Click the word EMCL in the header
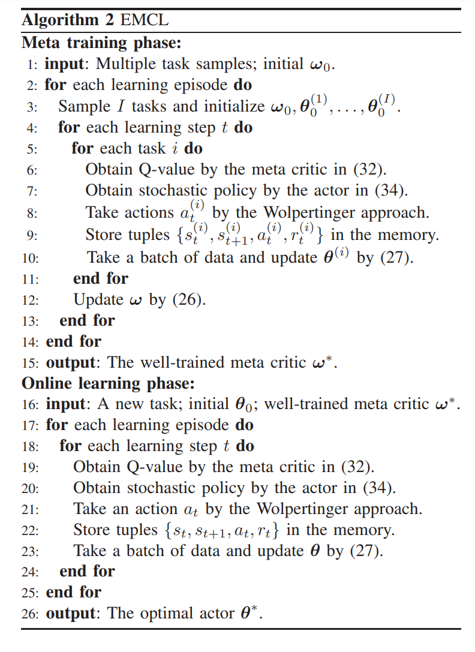point(145,20)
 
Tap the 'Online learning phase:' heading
point(108,383)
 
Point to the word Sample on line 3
point(79,107)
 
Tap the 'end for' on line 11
point(101,278)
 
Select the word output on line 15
point(70,363)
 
